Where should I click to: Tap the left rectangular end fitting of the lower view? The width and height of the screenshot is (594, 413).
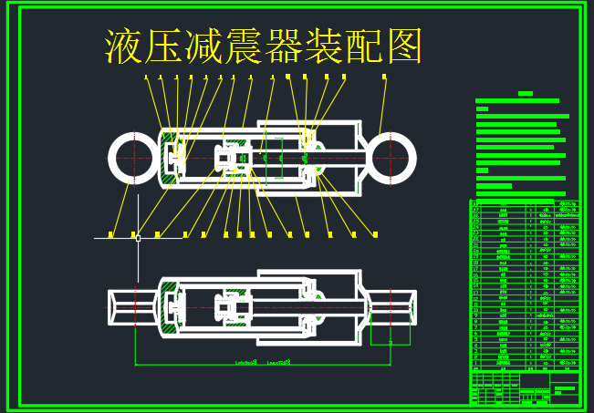pos(122,308)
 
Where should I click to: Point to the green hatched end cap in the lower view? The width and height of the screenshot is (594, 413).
pos(168,309)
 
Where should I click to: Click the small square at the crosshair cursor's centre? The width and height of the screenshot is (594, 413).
pos(137,238)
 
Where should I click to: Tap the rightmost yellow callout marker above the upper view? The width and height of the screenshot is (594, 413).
pos(385,77)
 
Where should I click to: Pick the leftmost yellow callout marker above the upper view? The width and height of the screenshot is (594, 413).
pos(146,77)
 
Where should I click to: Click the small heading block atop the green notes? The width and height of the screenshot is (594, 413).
pos(525,94)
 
